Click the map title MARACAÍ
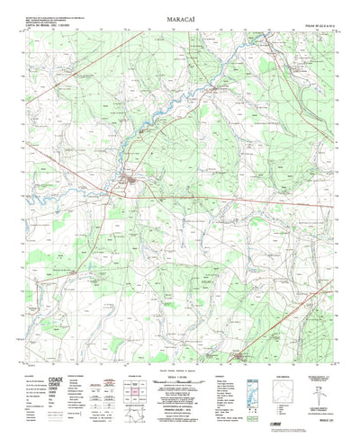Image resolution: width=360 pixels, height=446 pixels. [180, 15]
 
